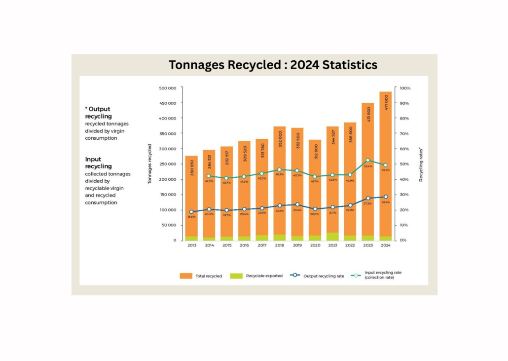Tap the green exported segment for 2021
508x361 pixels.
tap(332, 237)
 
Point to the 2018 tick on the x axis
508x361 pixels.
tap(280, 245)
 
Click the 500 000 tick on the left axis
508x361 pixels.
tap(168, 88)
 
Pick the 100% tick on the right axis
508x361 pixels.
tap(405, 88)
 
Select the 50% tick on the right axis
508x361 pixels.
tap(404, 164)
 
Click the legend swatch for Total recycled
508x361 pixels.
tap(186, 276)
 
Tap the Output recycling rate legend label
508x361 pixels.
tap(324, 276)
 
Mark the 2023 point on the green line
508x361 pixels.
tap(367, 160)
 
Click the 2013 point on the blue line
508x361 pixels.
tap(191, 212)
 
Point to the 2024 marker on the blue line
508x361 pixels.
tap(385, 197)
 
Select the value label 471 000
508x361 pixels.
tap(385, 105)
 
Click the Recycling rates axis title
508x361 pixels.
tap(421, 164)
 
